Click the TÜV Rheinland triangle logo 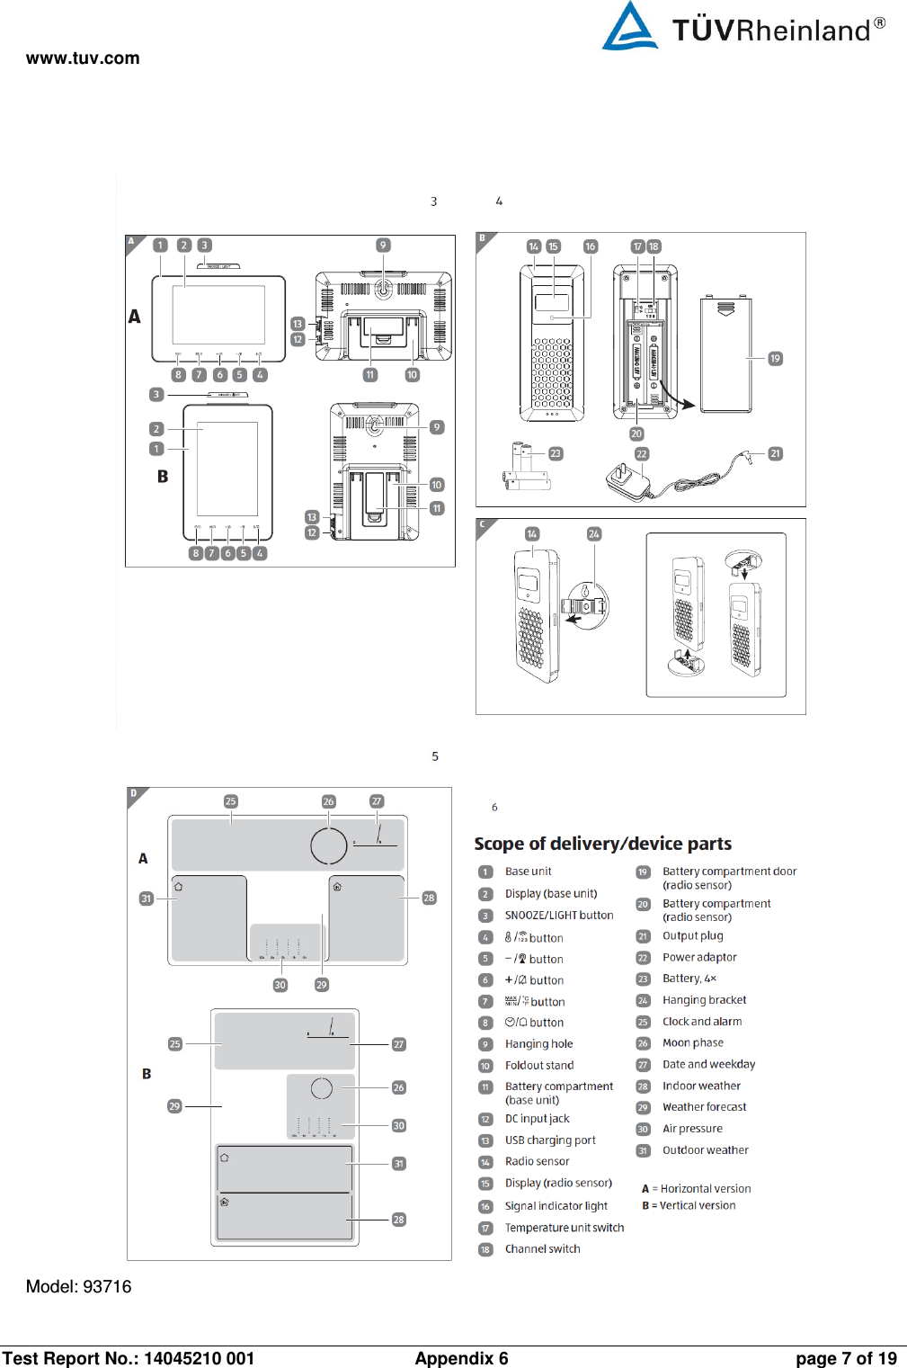pos(629,27)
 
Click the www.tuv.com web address pos(83,58)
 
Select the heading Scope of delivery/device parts pos(602,844)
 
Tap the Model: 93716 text pos(78,1286)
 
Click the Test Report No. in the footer pos(128,1358)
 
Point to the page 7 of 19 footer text pos(846,1358)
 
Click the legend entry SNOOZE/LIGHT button pos(558,916)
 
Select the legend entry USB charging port pos(549,1140)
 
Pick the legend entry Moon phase pos(692,1043)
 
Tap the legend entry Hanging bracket pos(704,1000)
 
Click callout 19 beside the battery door pos(775,359)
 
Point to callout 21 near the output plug pos(775,454)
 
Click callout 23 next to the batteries pos(556,454)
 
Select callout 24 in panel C pos(593,534)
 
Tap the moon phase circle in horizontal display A pos(328,845)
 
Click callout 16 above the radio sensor pos(590,246)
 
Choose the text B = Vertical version pos(689,1206)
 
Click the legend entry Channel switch pos(542,1249)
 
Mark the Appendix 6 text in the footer pos(461,1358)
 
